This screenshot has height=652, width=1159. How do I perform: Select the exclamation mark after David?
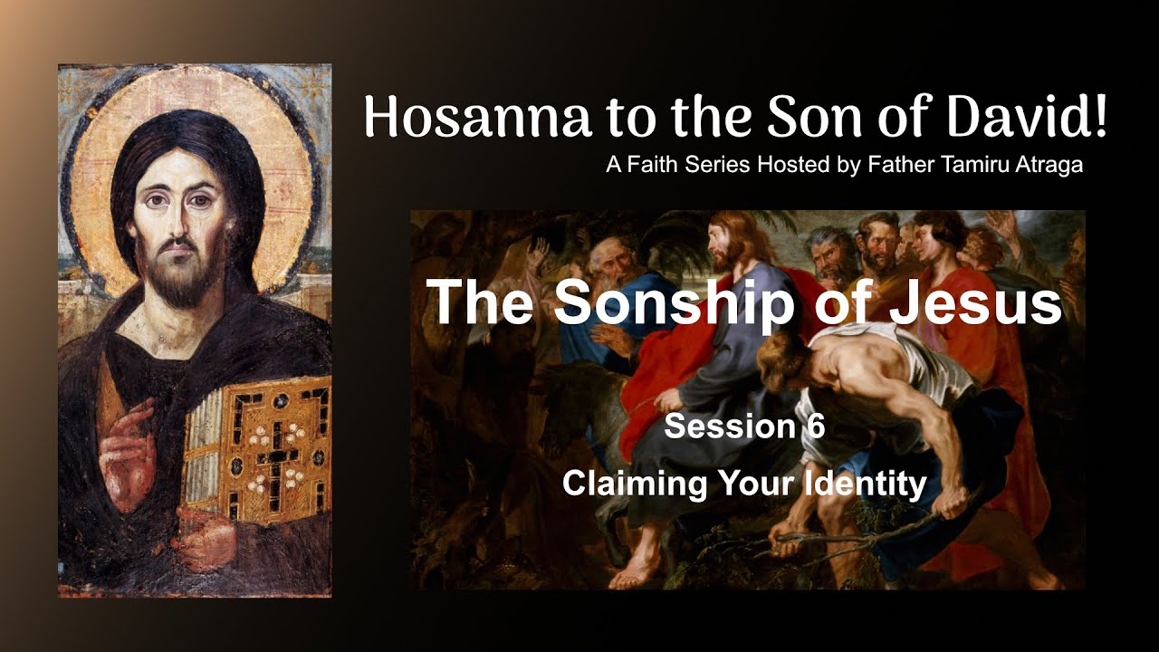point(1099,118)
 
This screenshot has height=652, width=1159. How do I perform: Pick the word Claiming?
point(634,483)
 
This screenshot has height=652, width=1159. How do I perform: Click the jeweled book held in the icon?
point(258,444)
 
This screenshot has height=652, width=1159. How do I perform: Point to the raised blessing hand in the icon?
point(127,444)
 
